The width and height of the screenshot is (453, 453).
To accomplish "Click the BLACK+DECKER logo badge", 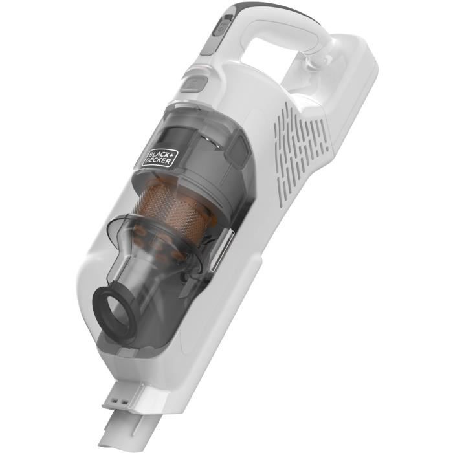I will click(157, 155).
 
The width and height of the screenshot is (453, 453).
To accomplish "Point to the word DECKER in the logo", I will click(160, 159).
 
